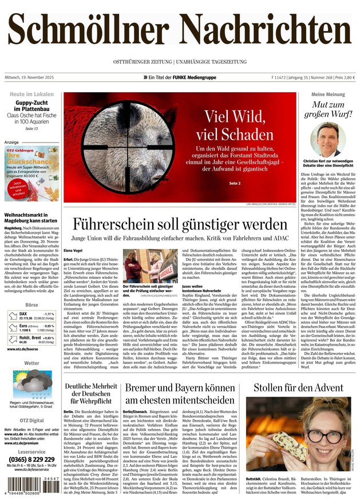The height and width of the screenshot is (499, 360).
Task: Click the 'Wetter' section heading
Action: pos(31,363)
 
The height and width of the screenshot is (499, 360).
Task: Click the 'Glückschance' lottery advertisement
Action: pos(31,172)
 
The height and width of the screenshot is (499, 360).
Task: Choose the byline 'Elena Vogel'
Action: pos(73,250)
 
